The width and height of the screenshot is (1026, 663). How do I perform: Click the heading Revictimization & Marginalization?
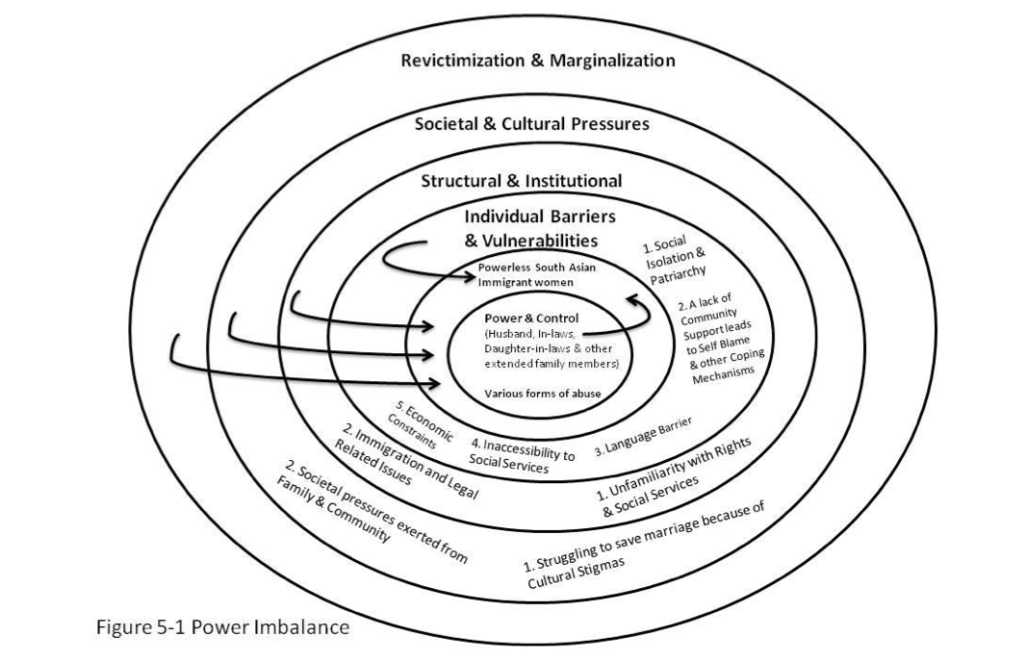tap(538, 61)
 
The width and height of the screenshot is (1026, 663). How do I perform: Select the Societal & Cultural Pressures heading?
tap(532, 124)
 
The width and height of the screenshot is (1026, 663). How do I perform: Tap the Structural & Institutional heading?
tap(522, 181)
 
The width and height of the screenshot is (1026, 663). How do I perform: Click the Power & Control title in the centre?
tap(531, 319)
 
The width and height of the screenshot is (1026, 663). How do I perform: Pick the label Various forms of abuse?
tap(543, 394)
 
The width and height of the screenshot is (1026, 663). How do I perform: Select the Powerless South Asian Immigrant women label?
tap(536, 275)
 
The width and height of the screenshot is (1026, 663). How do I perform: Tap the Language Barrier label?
tap(643, 437)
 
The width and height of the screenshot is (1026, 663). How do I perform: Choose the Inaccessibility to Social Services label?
tap(522, 454)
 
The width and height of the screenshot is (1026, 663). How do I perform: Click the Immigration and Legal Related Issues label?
tap(406, 463)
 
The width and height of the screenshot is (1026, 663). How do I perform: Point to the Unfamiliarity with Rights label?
tap(674, 475)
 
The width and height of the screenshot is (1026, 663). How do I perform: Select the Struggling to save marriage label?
tap(644, 546)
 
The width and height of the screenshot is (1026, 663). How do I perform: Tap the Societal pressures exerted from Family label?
tap(372, 512)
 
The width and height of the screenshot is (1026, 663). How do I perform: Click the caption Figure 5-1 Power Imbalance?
tap(223, 627)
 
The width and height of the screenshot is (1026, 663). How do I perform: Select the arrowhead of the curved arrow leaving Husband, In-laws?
tap(632, 298)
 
